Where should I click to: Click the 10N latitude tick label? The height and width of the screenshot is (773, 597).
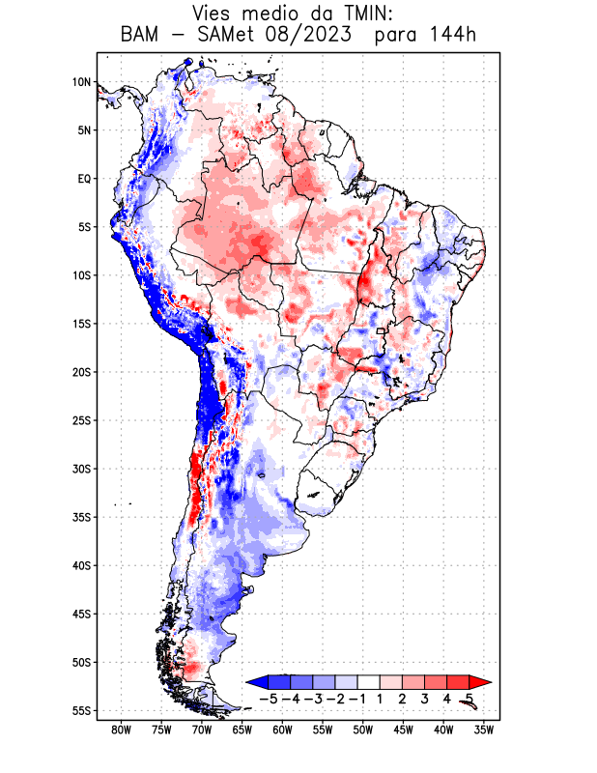click(x=81, y=82)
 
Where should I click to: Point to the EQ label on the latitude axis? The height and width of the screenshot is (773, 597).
click(x=84, y=179)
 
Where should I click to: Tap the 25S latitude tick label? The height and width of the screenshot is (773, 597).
click(x=81, y=420)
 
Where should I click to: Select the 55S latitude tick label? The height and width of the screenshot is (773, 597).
click(x=81, y=710)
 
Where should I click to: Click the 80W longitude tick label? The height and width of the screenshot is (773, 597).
click(x=121, y=730)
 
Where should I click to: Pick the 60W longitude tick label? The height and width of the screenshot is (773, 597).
click(x=282, y=730)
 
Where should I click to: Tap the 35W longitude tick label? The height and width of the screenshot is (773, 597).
click(x=484, y=730)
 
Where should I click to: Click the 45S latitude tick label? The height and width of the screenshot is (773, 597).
click(x=81, y=614)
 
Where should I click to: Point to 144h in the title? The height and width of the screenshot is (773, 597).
click(x=454, y=36)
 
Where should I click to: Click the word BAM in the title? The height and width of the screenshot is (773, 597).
click(x=141, y=36)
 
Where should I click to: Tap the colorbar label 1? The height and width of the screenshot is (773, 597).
click(x=380, y=698)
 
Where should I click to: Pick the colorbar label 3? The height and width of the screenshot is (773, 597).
click(x=424, y=698)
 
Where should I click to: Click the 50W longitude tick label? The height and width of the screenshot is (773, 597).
click(x=363, y=730)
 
